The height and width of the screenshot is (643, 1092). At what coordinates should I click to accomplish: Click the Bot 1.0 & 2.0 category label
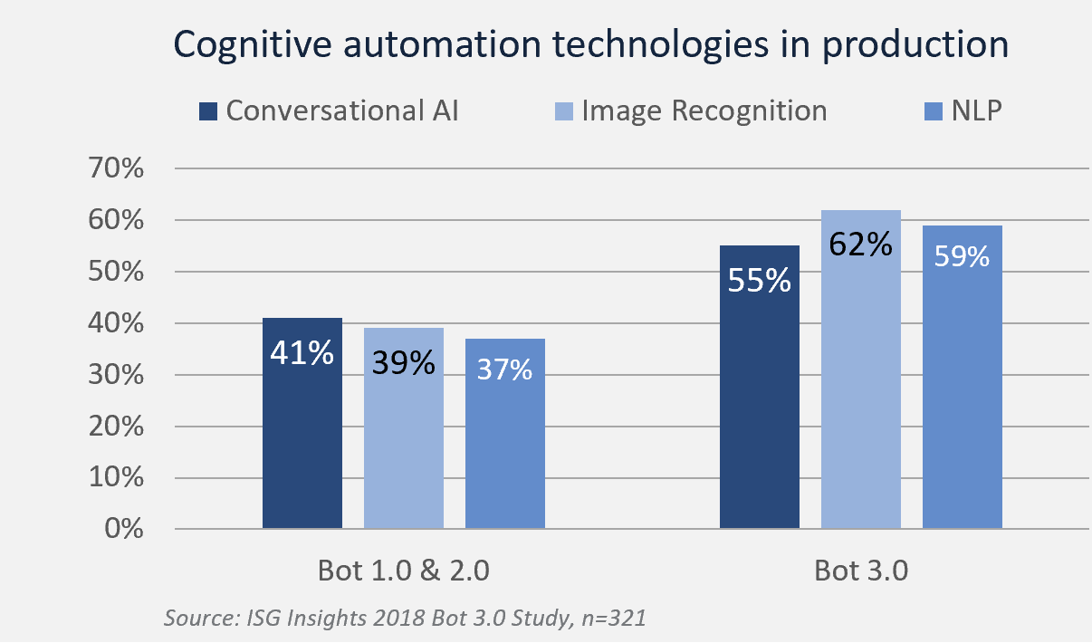click(403, 571)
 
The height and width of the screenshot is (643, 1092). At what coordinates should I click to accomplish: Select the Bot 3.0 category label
click(860, 571)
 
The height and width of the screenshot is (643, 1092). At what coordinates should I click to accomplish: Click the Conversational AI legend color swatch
click(208, 111)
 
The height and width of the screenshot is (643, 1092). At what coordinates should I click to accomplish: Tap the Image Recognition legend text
click(704, 111)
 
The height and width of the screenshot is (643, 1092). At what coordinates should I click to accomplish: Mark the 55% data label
click(759, 281)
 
